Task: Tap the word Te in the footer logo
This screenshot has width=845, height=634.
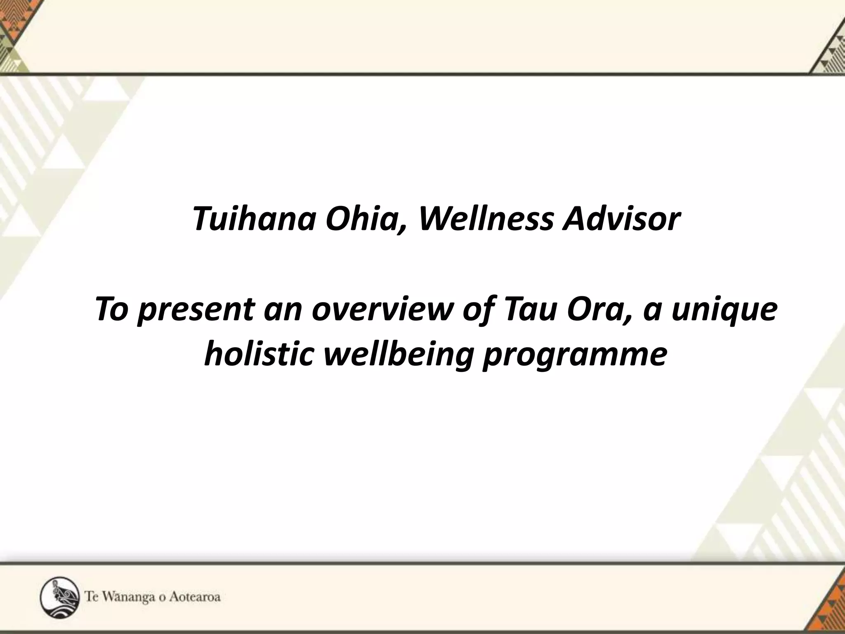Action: [x=92, y=597]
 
